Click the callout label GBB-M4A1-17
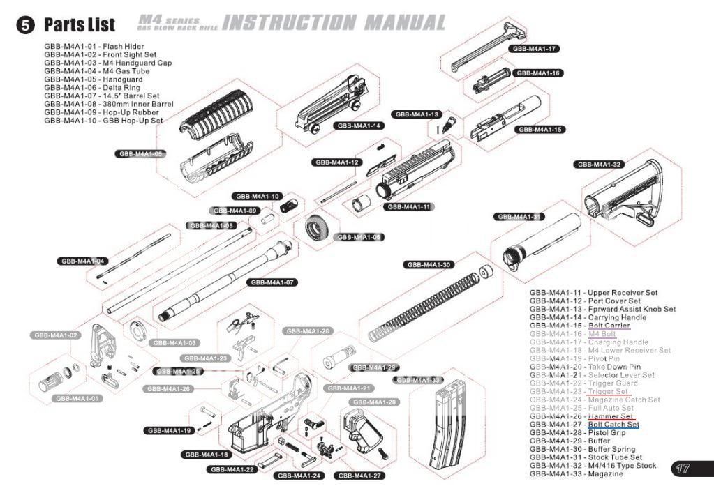(533, 49)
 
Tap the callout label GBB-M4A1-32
(600, 165)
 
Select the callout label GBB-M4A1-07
(271, 282)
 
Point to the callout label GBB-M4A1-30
(429, 265)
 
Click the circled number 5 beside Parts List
(25, 25)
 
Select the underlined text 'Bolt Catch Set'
(613, 424)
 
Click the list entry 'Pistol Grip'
(609, 432)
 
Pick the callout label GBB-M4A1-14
(358, 125)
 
